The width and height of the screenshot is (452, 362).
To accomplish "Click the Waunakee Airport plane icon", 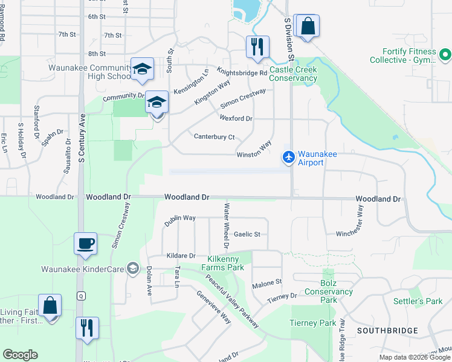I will point(289,157).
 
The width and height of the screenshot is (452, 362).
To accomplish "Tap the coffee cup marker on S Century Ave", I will point(85,243).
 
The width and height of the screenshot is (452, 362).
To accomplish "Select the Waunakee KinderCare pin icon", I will point(132,269).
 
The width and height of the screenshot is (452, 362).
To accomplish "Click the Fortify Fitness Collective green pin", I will point(446,56).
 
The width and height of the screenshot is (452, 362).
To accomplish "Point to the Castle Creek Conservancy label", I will point(293,74).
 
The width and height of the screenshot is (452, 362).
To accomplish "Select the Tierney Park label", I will point(313,323).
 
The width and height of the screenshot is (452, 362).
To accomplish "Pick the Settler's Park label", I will point(426,301).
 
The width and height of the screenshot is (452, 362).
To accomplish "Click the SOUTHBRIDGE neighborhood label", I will point(387,331).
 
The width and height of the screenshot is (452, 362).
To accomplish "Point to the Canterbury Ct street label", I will point(214,136).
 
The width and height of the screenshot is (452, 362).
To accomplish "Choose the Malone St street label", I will point(267,282).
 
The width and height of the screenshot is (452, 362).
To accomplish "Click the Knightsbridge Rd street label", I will point(246,73).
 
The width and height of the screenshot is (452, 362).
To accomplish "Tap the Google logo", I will point(20,355).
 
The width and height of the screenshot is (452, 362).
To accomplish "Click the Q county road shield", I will point(80,296).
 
